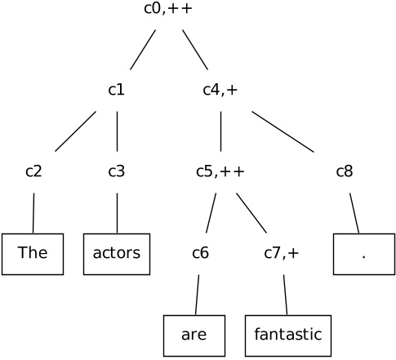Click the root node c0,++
(x=168, y=10)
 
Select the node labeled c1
(x=117, y=90)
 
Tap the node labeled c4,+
(x=220, y=90)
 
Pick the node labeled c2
(x=33, y=171)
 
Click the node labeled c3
(x=117, y=171)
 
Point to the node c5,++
(x=220, y=171)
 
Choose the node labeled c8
(x=345, y=171)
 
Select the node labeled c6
(x=201, y=253)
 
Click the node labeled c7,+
(x=282, y=253)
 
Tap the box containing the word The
(x=33, y=253)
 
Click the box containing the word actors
(x=117, y=253)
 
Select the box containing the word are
(x=194, y=335)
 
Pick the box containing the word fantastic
(x=288, y=335)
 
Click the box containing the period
(x=363, y=253)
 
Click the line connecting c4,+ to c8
(x=283, y=131)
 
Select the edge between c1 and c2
(x=75, y=131)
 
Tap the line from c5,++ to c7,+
(x=251, y=212)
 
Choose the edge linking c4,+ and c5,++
(x=220, y=131)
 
